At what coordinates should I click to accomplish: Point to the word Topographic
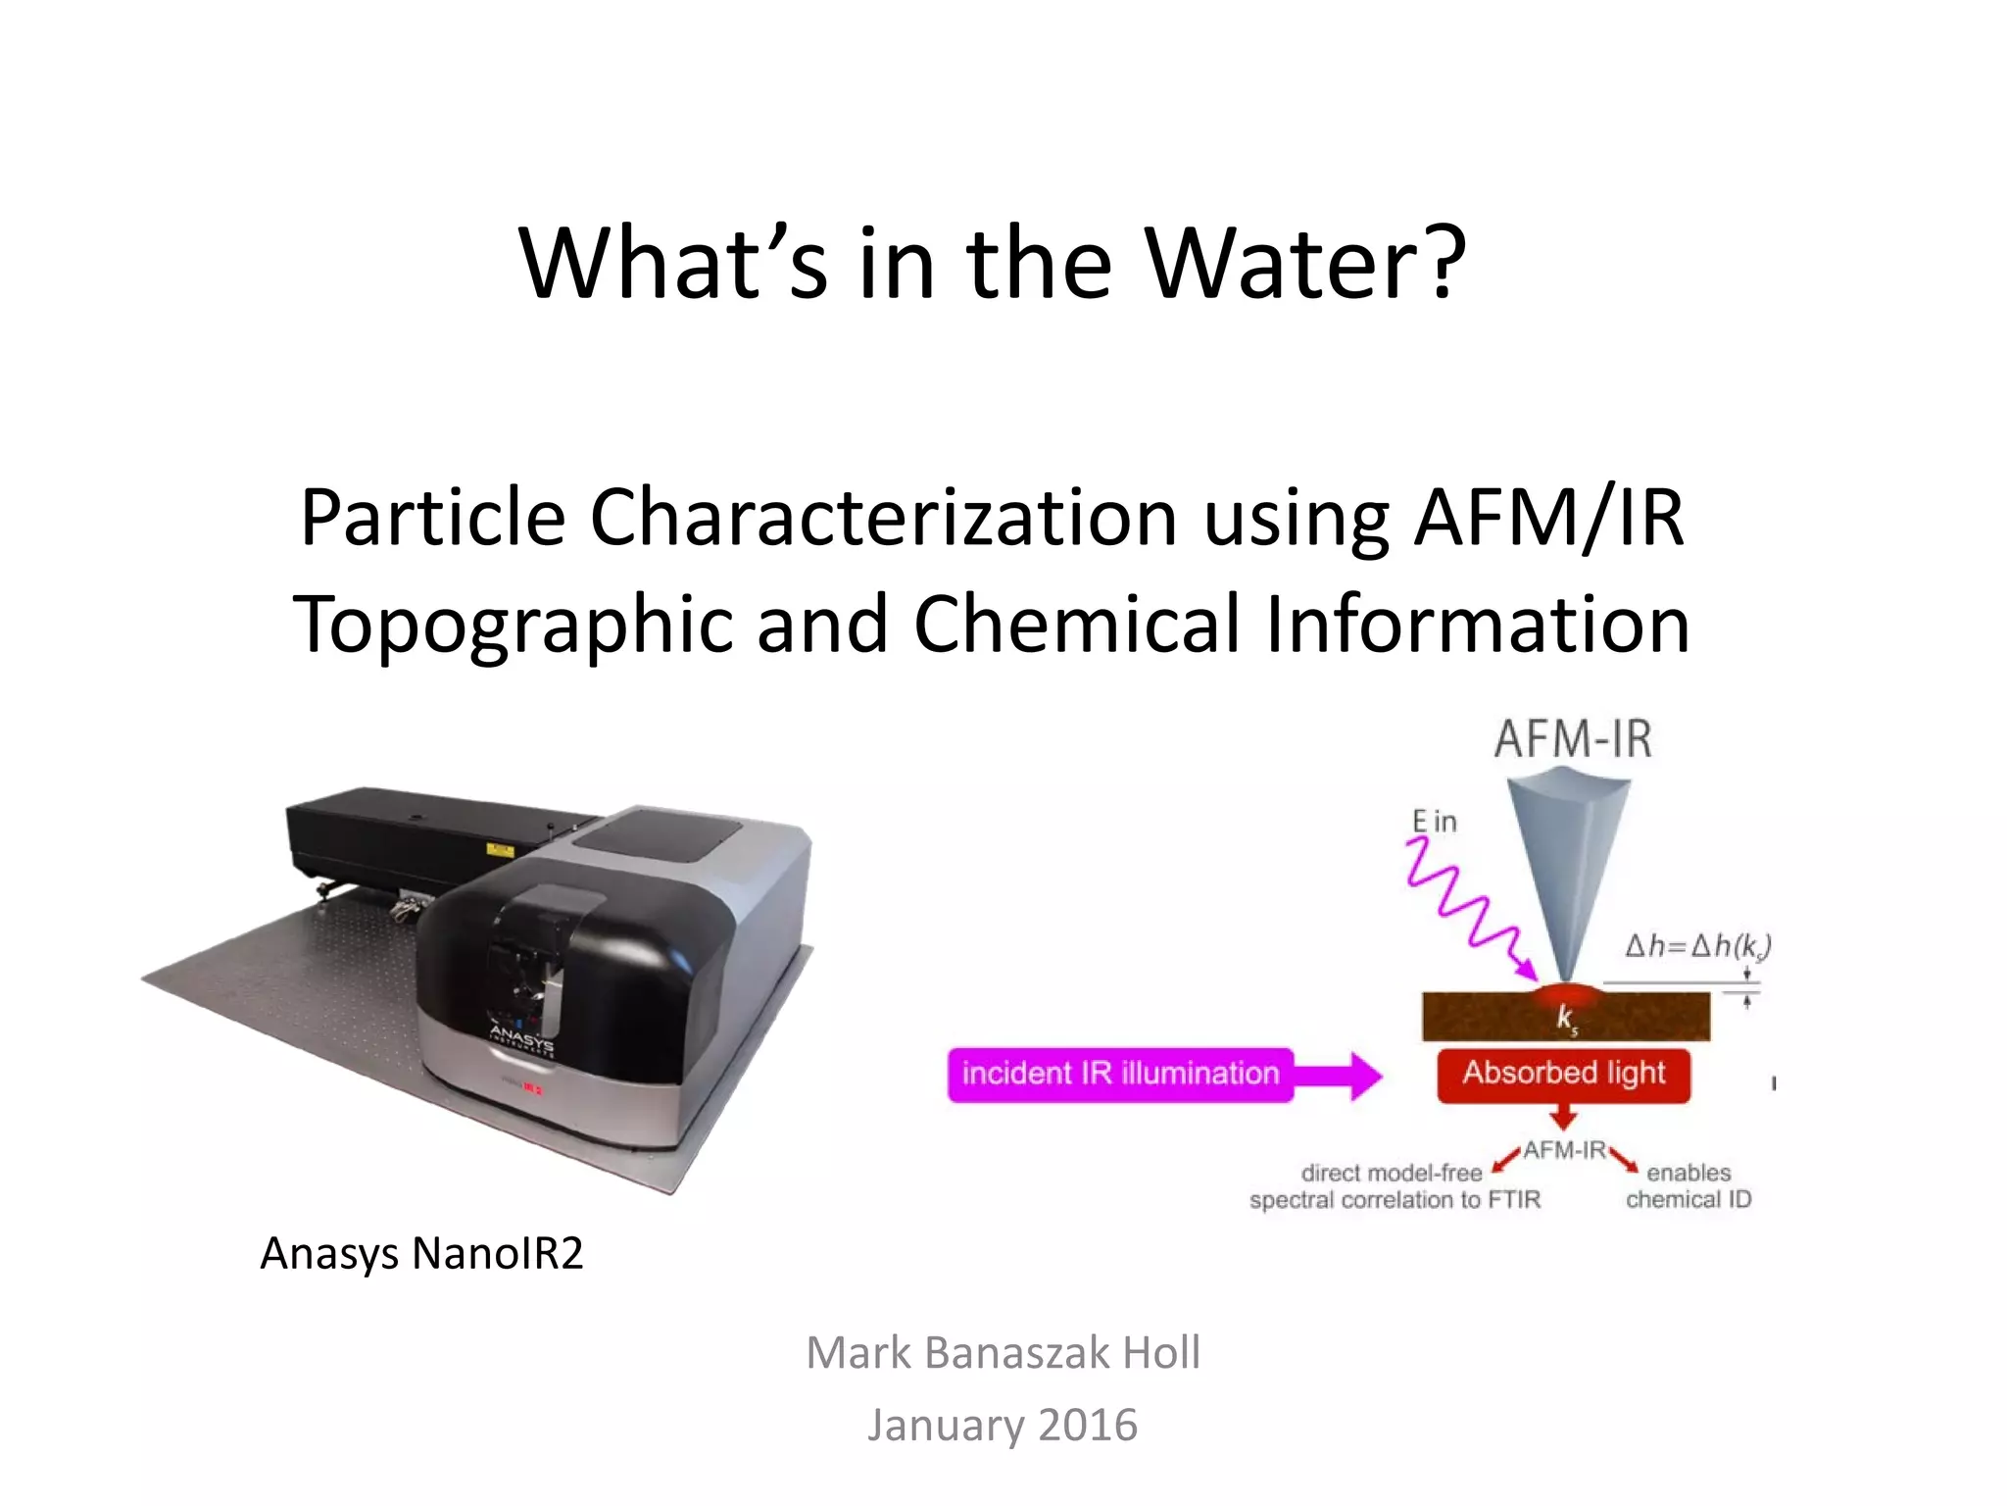tap(513, 626)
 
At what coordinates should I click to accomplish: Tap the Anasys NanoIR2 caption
tap(421, 1253)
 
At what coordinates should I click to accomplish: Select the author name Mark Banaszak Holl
tap(1003, 1353)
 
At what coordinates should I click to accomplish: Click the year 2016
tap(1088, 1425)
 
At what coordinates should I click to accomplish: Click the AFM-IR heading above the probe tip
tap(1573, 739)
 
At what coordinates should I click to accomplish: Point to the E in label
tap(1434, 822)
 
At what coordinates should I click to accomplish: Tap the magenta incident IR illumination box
tap(1120, 1074)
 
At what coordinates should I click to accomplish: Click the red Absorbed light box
tap(1564, 1074)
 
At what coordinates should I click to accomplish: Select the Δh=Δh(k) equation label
tap(1697, 946)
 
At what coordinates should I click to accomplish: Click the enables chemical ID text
tap(1689, 1186)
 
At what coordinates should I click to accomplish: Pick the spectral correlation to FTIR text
tap(1395, 1200)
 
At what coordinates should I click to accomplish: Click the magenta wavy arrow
tap(1465, 907)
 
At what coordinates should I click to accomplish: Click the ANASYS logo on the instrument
tap(522, 1039)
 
